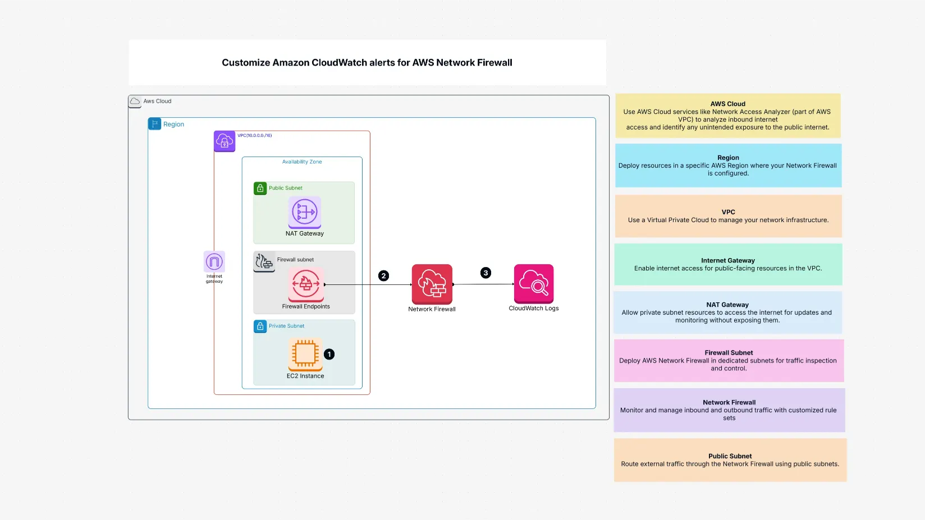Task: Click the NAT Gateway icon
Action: (x=305, y=212)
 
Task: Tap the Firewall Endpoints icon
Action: (x=306, y=284)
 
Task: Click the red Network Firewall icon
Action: (x=432, y=284)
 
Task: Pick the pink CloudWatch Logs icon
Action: (x=534, y=284)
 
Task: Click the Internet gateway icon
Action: (x=214, y=261)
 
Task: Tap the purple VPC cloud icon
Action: (x=225, y=141)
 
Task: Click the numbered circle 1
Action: (x=329, y=354)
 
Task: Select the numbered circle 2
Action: (x=383, y=275)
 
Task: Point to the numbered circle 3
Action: (x=486, y=273)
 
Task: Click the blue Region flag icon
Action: (x=154, y=124)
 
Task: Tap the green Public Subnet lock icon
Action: (x=260, y=188)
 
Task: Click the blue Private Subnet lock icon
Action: (x=260, y=326)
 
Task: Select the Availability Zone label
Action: (x=302, y=162)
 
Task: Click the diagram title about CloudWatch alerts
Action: (x=367, y=63)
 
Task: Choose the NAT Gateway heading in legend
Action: (x=727, y=305)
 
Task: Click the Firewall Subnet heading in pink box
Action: (x=729, y=353)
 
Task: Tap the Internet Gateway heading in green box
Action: (x=727, y=260)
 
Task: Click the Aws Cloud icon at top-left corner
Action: (x=135, y=102)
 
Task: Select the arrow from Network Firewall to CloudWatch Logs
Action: (x=483, y=284)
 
